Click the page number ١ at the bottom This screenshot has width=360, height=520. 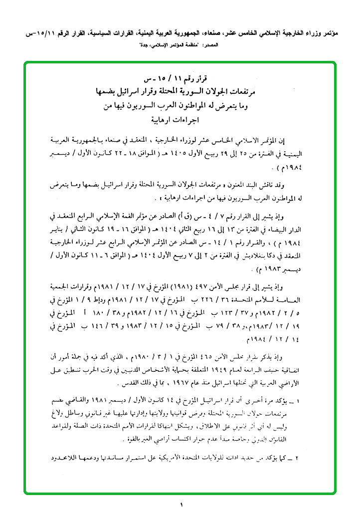[x=181, y=506]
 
